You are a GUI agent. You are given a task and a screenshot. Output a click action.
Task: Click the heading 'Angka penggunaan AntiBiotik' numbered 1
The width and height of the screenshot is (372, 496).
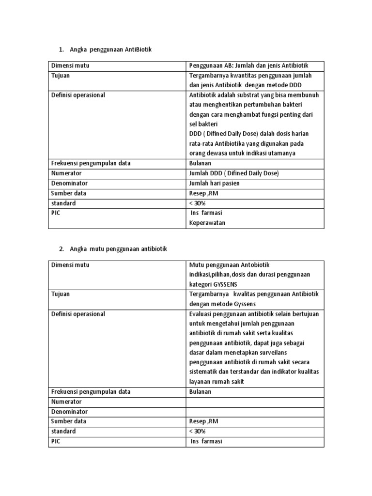tap(110, 50)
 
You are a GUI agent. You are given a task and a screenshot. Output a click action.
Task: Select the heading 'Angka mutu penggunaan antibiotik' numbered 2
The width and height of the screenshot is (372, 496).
tap(118, 249)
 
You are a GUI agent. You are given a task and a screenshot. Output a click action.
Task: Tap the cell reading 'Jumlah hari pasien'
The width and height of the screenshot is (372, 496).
tap(214, 183)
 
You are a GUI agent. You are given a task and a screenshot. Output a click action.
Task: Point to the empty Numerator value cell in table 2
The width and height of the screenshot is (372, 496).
tap(255, 402)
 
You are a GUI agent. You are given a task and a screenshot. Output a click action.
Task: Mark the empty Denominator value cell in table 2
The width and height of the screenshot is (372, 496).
tap(255, 411)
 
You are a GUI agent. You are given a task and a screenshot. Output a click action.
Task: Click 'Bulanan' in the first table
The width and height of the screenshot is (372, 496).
tap(200, 163)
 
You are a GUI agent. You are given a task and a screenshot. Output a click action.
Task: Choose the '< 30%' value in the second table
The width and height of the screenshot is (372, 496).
tap(197, 431)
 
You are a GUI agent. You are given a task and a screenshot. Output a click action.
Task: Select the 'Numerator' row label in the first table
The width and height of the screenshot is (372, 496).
tap(66, 173)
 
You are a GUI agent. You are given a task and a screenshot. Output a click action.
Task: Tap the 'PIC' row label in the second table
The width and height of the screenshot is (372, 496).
tap(57, 441)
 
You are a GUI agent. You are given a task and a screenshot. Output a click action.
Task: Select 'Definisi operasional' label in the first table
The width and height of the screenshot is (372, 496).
tap(78, 95)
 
